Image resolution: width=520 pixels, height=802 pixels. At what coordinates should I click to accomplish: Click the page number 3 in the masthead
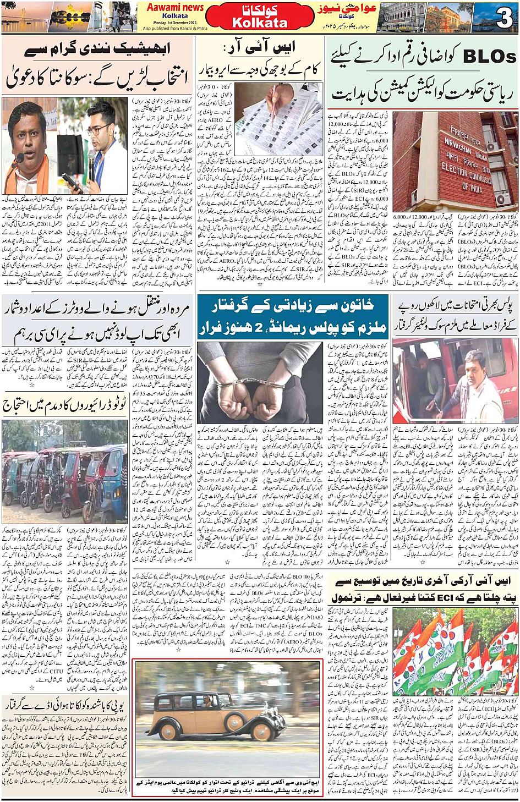pyautogui.click(x=503, y=18)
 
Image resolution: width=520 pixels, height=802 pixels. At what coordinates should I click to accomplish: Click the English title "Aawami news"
pyautogui.click(x=175, y=7)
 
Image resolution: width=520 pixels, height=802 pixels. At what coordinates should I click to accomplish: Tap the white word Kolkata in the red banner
pyautogui.click(x=260, y=23)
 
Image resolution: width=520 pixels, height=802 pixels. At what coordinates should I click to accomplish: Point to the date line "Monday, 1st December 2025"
pyautogui.click(x=175, y=23)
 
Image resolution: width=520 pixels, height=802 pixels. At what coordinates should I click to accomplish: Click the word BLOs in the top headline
pyautogui.click(x=489, y=57)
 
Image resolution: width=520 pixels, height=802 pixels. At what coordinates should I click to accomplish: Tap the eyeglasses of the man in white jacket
pyautogui.click(x=97, y=131)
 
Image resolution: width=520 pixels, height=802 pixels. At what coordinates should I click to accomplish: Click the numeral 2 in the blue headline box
pyautogui.click(x=258, y=328)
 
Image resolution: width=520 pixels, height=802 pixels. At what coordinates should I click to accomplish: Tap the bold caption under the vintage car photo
pyautogui.click(x=227, y=786)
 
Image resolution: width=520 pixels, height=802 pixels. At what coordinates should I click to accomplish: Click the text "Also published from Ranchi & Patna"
pyautogui.click(x=175, y=28)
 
